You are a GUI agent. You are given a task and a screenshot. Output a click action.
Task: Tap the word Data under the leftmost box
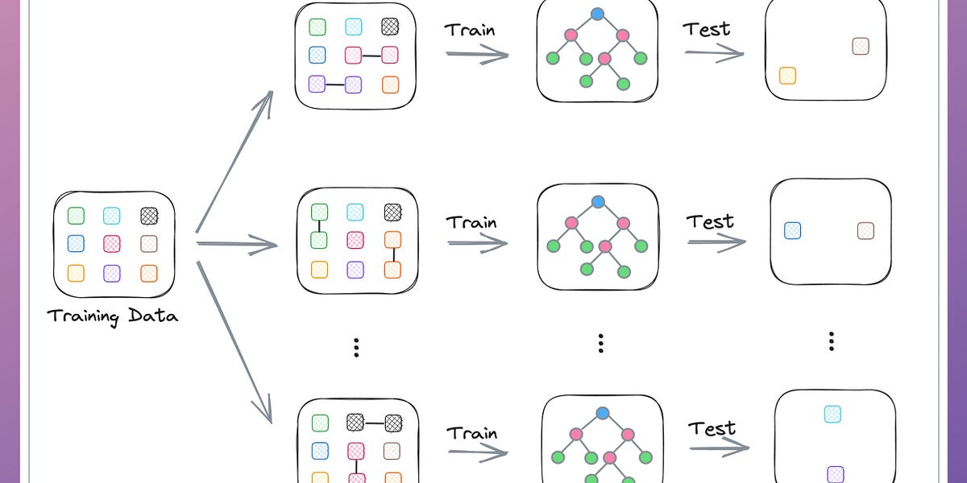point(152,315)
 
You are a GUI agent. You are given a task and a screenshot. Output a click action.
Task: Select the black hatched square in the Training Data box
point(149,216)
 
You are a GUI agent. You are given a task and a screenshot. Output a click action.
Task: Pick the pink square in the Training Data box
point(112,244)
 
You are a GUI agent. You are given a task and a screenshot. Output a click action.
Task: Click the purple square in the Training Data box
point(112,274)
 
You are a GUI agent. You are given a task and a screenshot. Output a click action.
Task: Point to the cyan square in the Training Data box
point(112,216)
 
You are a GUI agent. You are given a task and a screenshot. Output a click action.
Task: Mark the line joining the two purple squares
point(335,84)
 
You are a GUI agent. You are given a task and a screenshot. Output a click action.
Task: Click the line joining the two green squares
point(319,226)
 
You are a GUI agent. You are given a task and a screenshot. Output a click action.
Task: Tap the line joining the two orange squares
point(392,254)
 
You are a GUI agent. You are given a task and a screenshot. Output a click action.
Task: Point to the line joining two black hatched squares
point(374,422)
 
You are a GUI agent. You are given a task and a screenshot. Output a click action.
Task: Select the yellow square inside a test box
point(787,76)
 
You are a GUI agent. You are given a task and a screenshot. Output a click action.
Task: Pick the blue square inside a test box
point(793,231)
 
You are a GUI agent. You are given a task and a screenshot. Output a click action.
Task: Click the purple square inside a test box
point(836,474)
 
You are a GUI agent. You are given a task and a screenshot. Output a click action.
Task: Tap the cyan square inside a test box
point(832,414)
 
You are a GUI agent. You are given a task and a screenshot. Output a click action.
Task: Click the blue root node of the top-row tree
point(597,14)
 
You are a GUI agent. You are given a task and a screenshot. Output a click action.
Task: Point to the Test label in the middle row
point(711,221)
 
